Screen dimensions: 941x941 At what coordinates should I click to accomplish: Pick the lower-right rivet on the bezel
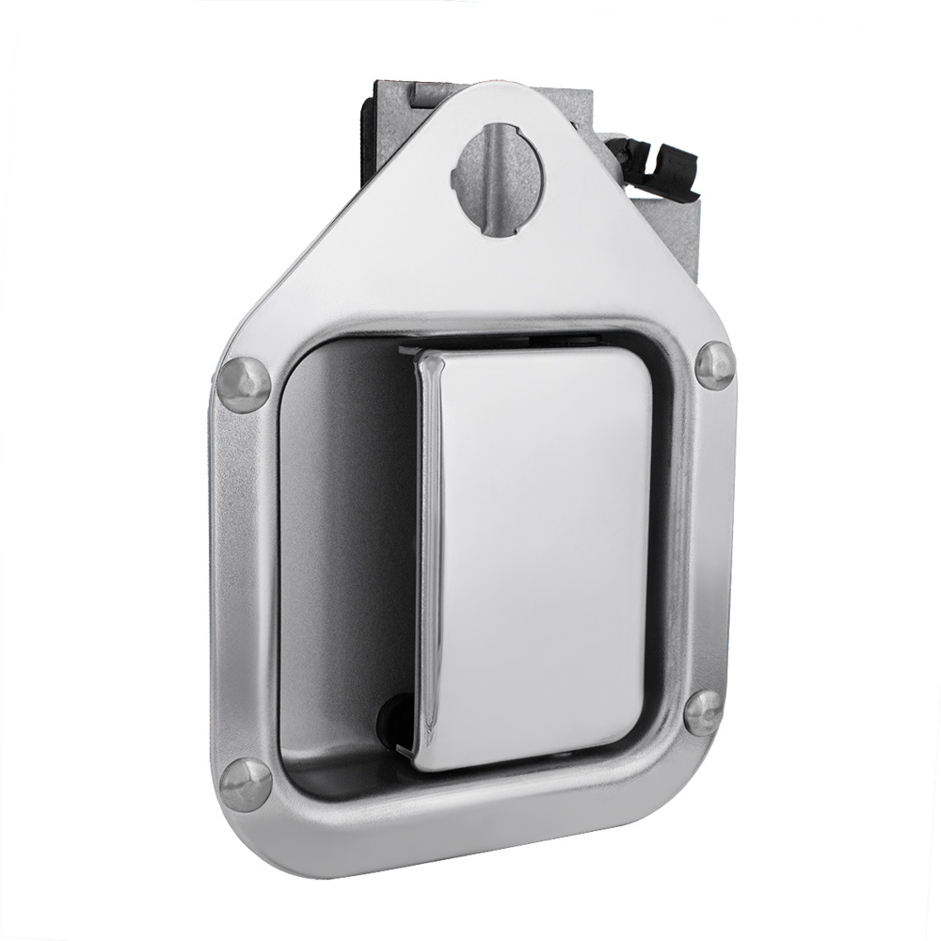pyautogui.click(x=703, y=713)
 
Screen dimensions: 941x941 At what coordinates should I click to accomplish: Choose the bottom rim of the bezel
pyautogui.click(x=470, y=828)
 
